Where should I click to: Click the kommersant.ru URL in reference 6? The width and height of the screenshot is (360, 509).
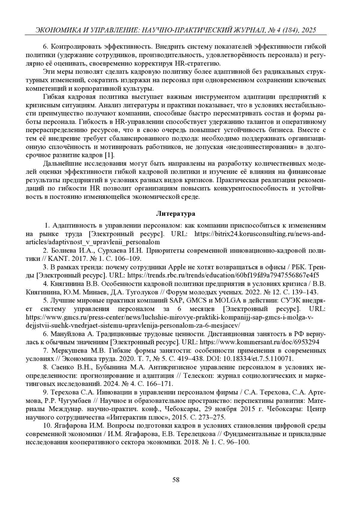coord(259,342)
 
